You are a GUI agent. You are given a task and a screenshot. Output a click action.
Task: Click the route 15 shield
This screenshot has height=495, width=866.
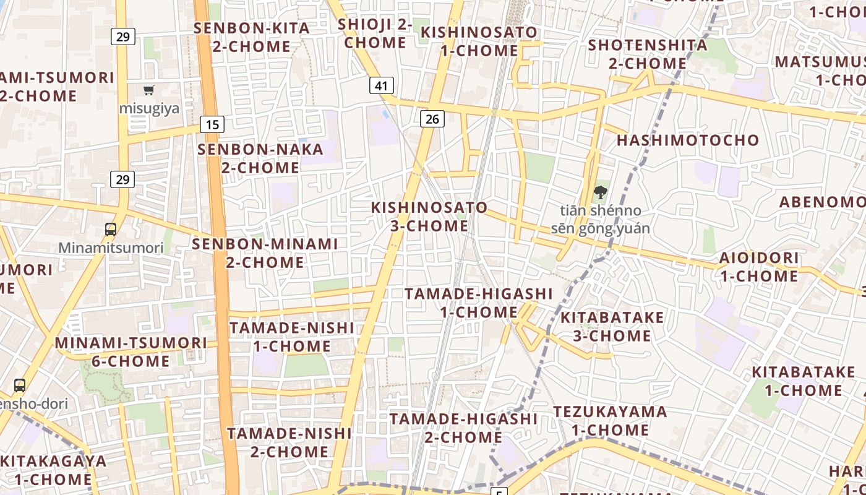point(212,124)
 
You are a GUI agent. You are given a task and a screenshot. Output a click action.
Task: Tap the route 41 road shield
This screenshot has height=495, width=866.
point(382,85)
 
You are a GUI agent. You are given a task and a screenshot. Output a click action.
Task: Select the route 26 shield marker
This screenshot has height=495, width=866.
point(432,118)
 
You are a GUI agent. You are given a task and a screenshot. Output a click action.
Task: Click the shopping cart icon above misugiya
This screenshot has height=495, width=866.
point(149,90)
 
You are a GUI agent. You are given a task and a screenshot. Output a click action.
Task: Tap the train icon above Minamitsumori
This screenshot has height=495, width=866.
point(111,230)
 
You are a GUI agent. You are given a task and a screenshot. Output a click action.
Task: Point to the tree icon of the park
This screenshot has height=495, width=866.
point(600,192)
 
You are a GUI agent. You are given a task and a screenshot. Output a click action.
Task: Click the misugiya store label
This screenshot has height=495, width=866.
point(149,109)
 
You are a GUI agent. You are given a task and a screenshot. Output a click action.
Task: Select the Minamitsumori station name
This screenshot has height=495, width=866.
point(111,248)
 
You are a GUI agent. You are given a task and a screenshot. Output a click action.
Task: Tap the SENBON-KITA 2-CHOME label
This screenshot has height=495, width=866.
point(252,37)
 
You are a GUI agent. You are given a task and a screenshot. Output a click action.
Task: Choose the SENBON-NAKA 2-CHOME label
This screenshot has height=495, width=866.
point(260,158)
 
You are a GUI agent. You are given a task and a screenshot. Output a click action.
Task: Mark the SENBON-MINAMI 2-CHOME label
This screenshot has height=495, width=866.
point(265,253)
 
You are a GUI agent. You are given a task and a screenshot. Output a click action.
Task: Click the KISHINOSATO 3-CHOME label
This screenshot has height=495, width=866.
point(429,217)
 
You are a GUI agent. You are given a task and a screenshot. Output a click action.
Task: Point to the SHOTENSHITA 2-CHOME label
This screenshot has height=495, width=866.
point(648,54)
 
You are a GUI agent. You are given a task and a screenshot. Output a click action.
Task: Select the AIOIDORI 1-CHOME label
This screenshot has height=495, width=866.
point(759,267)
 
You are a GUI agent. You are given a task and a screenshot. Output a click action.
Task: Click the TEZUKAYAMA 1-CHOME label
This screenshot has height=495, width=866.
point(610,421)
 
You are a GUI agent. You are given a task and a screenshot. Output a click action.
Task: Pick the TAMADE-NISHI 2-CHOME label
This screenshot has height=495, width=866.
point(289,442)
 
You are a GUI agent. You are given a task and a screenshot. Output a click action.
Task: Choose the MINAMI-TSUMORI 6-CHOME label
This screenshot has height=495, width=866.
point(131,351)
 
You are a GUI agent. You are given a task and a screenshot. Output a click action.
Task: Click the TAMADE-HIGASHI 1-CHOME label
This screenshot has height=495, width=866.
point(478,303)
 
